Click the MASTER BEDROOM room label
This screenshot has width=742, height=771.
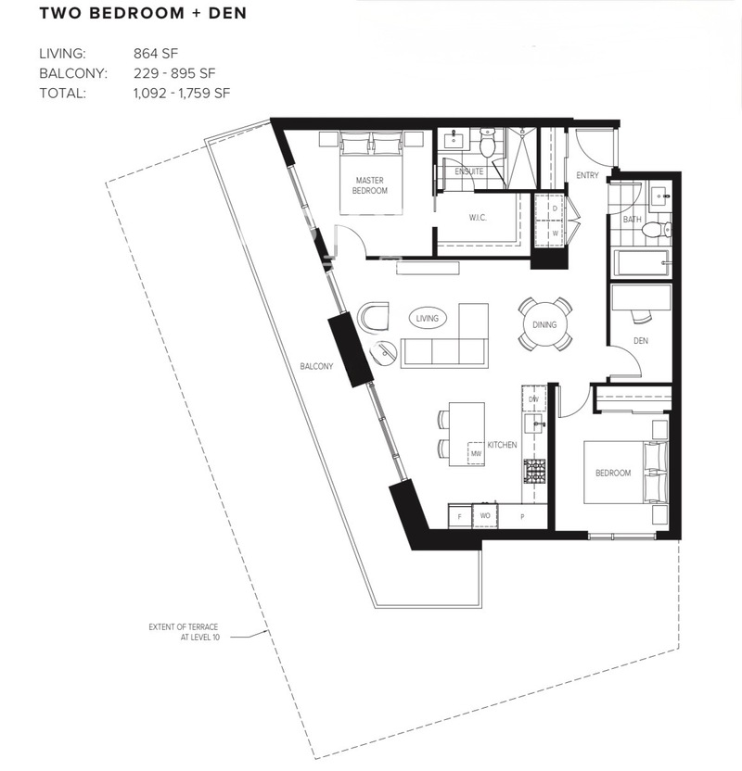pyautogui.click(x=369, y=185)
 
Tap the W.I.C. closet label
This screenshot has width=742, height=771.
pyautogui.click(x=478, y=218)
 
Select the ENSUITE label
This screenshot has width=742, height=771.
pyautogui.click(x=469, y=171)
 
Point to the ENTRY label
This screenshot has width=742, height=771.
pyautogui.click(x=587, y=175)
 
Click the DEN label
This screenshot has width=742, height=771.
pyautogui.click(x=641, y=340)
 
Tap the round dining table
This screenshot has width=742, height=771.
pyautogui.click(x=544, y=324)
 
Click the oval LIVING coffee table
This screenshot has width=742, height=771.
pyautogui.click(x=427, y=318)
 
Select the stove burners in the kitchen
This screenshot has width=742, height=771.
pyautogui.click(x=534, y=471)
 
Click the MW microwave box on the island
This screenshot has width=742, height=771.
pyautogui.click(x=476, y=452)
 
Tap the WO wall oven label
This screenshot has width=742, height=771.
pyautogui.click(x=485, y=516)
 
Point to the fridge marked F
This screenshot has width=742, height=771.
pyautogui.click(x=459, y=517)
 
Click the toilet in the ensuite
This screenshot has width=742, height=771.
pyautogui.click(x=488, y=142)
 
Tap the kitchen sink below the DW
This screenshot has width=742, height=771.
pyautogui.click(x=534, y=423)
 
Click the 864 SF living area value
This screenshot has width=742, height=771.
pyautogui.click(x=156, y=54)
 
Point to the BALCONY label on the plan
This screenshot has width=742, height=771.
pyautogui.click(x=316, y=366)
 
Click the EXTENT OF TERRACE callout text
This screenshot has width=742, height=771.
pyautogui.click(x=184, y=632)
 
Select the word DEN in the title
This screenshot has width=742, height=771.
pyautogui.click(x=227, y=13)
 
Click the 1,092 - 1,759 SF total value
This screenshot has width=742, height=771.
pyautogui.click(x=182, y=93)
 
